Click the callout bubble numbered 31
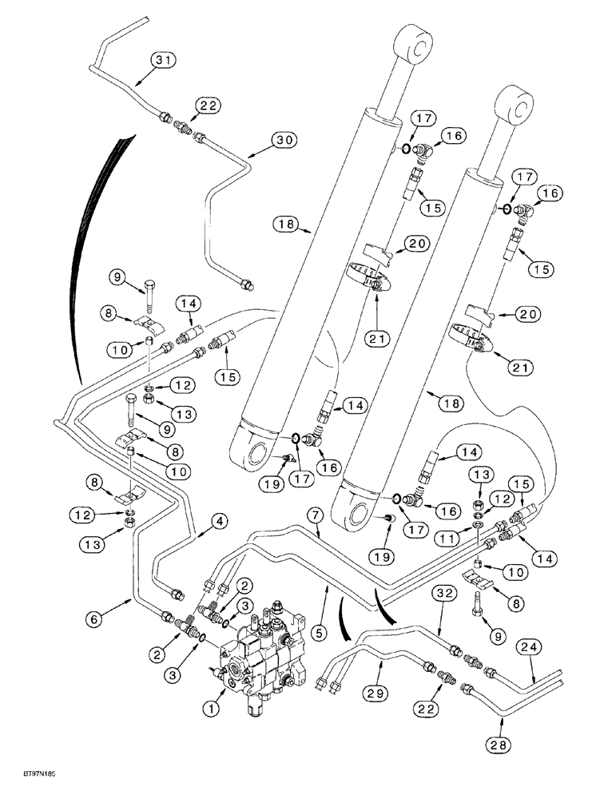pos(165,60)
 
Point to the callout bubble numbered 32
pos(446,593)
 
